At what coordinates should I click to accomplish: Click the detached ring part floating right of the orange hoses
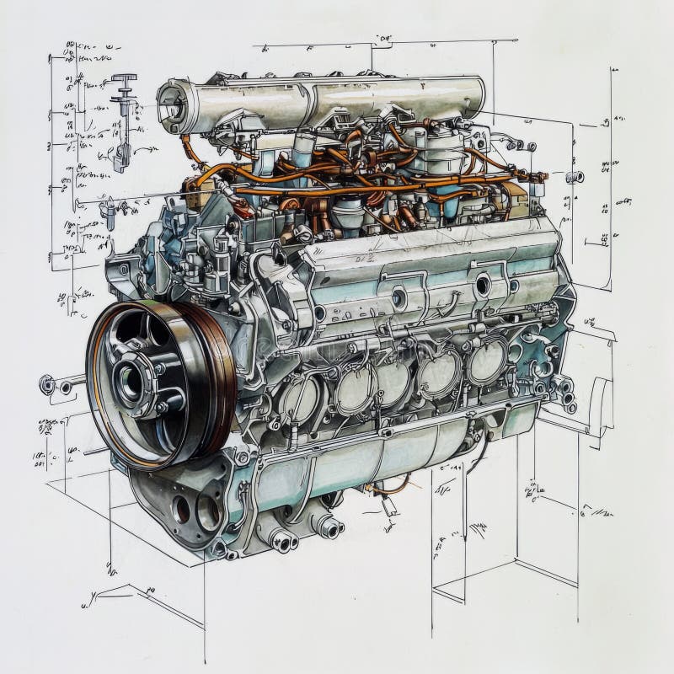(575, 177)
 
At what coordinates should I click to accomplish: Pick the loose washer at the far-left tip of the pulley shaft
(47, 385)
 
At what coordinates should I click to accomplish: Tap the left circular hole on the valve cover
(399, 297)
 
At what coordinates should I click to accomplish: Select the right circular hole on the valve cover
(482, 285)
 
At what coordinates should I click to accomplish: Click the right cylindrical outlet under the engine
(327, 527)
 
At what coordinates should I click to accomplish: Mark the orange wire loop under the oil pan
(391, 488)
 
